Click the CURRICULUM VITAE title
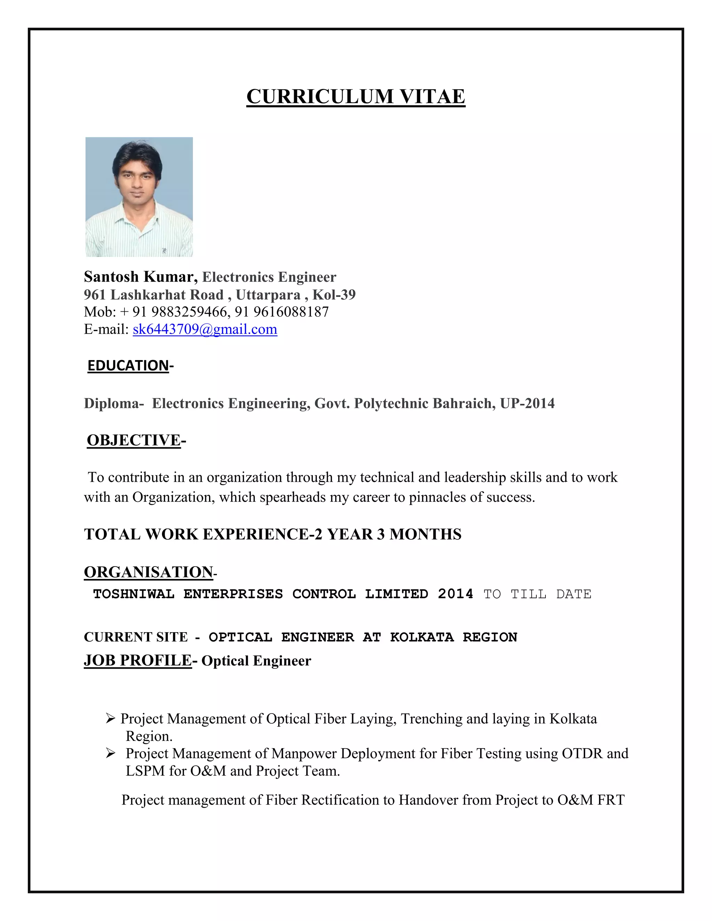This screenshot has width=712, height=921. [x=356, y=97]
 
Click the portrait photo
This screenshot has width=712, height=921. [x=139, y=197]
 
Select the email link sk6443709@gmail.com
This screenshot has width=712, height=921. [x=205, y=329]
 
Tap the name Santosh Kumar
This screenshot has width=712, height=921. [x=140, y=277]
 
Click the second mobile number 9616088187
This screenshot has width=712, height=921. [x=291, y=312]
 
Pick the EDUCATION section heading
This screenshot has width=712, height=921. [x=128, y=366]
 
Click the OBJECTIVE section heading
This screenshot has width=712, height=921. [x=134, y=440]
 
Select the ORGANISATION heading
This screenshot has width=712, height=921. [x=148, y=572]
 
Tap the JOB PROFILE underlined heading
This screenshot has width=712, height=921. [x=138, y=660]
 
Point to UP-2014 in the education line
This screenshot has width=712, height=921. [x=527, y=404]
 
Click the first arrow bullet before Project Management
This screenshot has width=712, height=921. [x=111, y=718]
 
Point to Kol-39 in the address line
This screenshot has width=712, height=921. [x=334, y=295]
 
